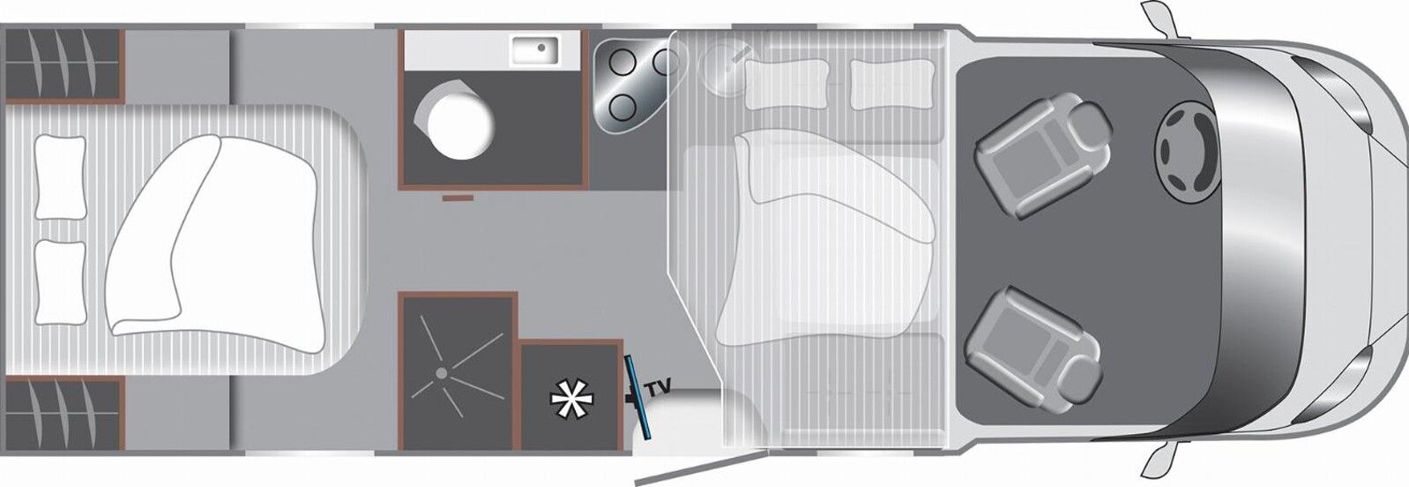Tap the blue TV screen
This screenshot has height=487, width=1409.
(x=637, y=398)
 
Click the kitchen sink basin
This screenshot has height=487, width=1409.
(x=535, y=50)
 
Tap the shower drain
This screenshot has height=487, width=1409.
(x=442, y=373)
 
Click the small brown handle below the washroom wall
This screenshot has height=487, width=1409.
(x=458, y=199)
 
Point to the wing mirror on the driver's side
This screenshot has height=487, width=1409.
(x=1156, y=19)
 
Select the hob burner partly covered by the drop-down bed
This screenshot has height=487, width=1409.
(x=663, y=62)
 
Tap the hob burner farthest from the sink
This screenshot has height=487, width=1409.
(x=622, y=108)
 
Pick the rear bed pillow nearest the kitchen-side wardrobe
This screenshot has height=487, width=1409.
(x=60, y=177)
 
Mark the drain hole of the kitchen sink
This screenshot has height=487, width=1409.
(x=541, y=47)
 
